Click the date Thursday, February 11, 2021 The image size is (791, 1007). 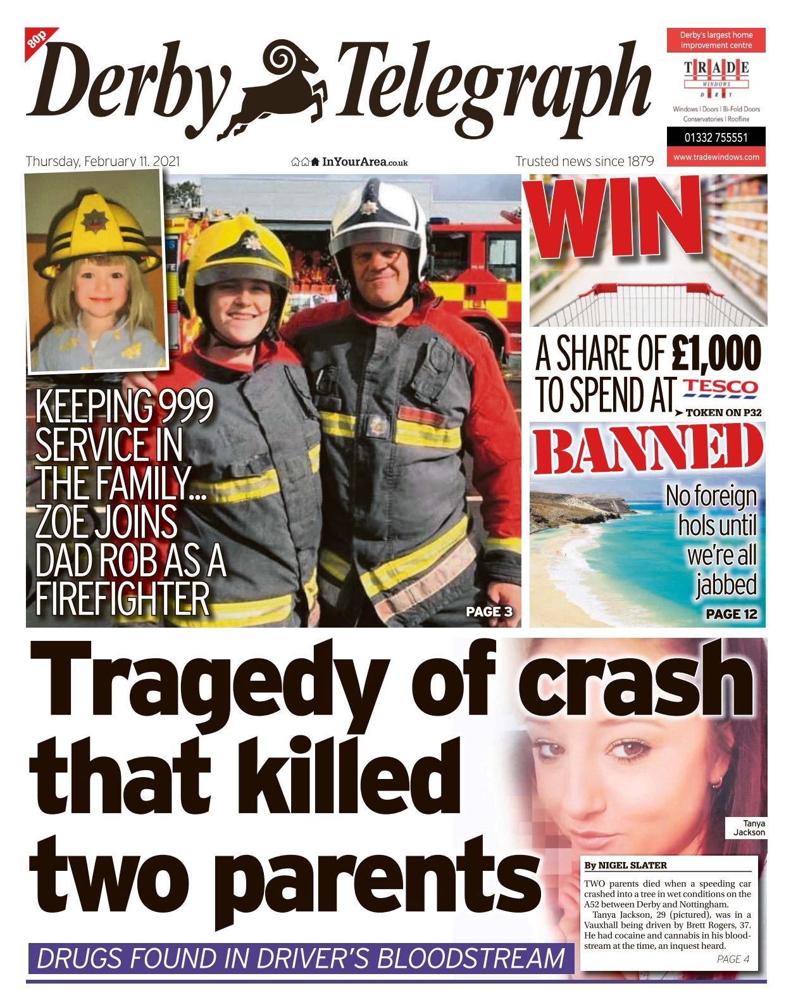tap(103, 161)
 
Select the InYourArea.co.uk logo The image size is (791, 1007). tap(349, 162)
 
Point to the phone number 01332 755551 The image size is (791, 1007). tap(716, 137)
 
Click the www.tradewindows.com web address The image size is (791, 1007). tap(716, 157)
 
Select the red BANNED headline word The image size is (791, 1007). tap(647, 451)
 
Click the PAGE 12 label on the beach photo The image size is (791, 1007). tap(731, 614)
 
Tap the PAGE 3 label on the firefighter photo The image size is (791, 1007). tap(489, 612)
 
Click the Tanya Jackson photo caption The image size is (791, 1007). tap(749, 828)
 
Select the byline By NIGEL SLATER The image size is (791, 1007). tap(625, 865)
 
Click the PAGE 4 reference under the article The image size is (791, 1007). tap(733, 959)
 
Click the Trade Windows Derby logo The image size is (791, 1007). tap(716, 75)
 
